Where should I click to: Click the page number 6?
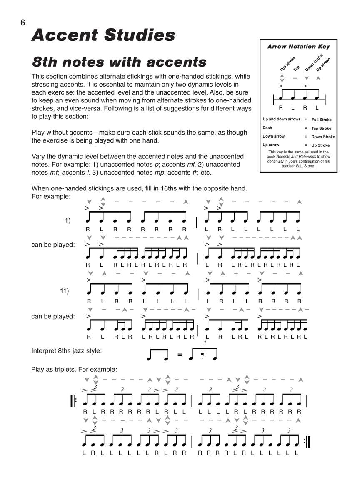click(22, 22)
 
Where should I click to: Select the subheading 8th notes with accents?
click(119, 62)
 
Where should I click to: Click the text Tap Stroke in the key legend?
click(321, 128)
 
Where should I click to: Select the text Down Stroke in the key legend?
click(323, 137)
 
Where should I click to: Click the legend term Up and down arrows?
click(281, 119)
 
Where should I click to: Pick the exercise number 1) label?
click(67, 220)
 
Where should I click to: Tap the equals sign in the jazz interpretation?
click(180, 355)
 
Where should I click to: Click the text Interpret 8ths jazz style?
click(67, 351)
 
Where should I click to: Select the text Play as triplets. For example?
click(75, 369)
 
